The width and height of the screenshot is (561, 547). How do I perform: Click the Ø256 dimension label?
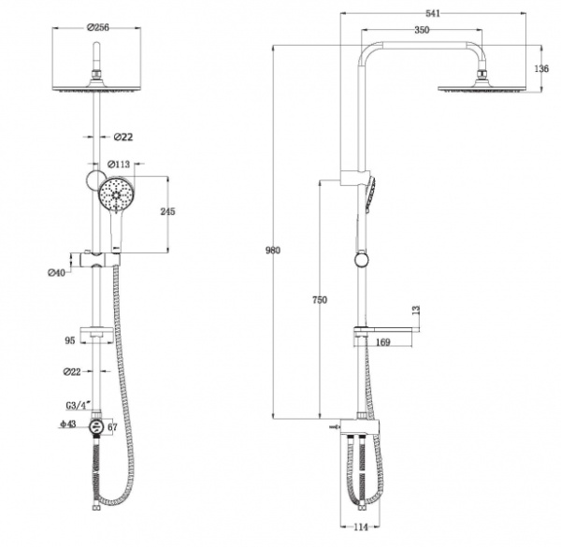(x=96, y=26)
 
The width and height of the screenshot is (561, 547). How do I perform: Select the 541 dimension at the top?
(x=433, y=12)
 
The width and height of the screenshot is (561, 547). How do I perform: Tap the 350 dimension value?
(x=424, y=31)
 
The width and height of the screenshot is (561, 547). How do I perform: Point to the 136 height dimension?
(x=540, y=68)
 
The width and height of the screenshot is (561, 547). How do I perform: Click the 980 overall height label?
(x=273, y=251)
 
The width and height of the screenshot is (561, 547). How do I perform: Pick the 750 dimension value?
(x=320, y=300)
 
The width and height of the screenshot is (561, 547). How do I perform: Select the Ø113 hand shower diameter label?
(x=118, y=166)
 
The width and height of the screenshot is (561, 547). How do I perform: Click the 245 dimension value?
(x=168, y=212)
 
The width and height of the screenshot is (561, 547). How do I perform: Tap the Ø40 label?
(x=57, y=273)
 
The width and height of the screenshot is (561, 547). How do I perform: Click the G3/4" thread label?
(x=77, y=404)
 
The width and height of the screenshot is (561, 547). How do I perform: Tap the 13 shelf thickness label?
(x=416, y=309)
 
